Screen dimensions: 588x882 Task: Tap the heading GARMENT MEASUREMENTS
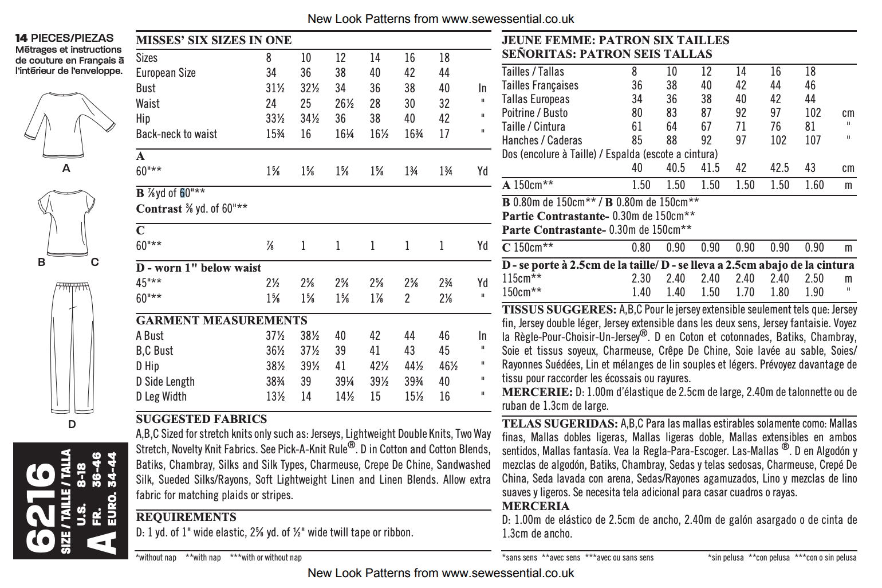pos(222,320)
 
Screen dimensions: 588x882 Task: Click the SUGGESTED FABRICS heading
pos(202,419)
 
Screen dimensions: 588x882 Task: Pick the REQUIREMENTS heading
pos(186,517)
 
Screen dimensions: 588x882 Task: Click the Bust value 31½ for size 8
pos(275,88)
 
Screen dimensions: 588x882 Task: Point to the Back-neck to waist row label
pos(176,134)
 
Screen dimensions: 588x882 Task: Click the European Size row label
pos(166,73)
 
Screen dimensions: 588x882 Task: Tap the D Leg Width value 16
pos(444,397)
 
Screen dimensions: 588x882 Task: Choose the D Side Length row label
pos(165,382)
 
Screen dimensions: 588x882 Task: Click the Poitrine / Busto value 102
pos(813,113)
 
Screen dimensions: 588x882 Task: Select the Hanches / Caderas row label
pos(542,140)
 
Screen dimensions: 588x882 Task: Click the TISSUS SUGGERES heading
pos(558,309)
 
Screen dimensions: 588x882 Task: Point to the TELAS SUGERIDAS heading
pos(560,424)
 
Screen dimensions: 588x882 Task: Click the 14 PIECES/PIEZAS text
pos(64,38)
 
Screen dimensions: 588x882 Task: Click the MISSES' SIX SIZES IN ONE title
pos(214,40)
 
